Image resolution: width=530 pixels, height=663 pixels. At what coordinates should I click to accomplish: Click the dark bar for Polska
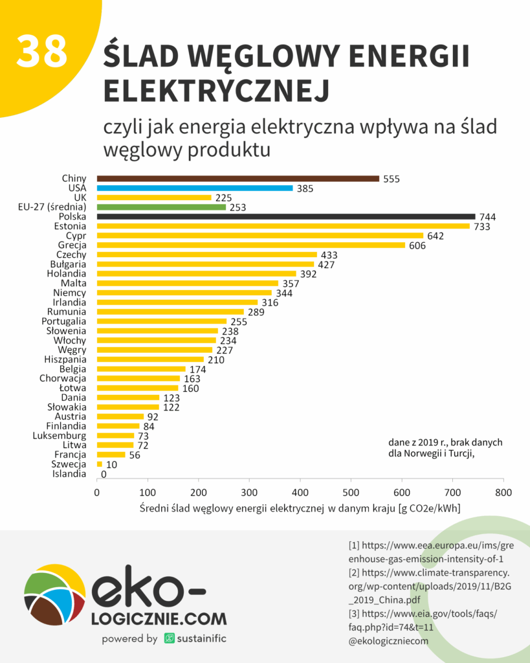coord(285,217)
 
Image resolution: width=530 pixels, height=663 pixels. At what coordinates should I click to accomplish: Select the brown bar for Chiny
coord(237,179)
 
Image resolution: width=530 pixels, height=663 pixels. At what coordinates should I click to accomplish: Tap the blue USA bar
coord(194,188)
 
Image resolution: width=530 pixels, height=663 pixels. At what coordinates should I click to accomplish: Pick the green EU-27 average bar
coord(161,207)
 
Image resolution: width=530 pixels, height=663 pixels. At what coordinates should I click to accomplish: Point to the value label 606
coord(417,245)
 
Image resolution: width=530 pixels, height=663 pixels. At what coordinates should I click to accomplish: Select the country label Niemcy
coord(70,293)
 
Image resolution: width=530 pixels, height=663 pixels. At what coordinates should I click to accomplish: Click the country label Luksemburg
coord(60,436)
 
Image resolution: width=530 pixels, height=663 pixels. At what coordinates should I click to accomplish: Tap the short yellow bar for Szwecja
coord(100,464)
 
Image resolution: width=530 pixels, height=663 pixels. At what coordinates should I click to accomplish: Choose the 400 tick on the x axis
coord(300,491)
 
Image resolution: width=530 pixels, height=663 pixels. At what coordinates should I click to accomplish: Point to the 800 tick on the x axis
coord(503,491)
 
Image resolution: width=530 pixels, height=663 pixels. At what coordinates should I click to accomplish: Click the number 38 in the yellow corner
coord(41,51)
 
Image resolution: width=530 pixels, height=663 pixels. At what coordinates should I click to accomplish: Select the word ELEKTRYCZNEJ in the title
coord(217,91)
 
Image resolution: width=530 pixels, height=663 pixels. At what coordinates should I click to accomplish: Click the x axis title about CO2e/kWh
coord(300,509)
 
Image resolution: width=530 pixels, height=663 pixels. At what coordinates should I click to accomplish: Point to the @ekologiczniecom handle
coord(388,641)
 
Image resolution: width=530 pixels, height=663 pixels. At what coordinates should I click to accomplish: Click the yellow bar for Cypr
coord(259,236)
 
